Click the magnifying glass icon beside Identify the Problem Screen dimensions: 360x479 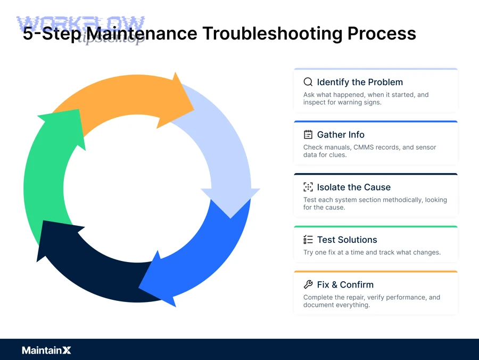point(308,82)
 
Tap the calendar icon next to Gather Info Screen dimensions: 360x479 point(308,135)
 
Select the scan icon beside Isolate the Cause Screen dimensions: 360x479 point(308,187)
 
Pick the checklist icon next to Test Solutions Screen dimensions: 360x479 point(308,240)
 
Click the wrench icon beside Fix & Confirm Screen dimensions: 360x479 point(308,284)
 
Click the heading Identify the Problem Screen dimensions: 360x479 point(360,82)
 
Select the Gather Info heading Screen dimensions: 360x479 point(341,135)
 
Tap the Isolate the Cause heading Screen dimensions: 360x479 point(353,187)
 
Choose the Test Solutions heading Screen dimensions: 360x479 point(347,240)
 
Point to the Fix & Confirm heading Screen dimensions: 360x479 point(345,284)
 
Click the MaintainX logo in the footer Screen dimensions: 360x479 point(46,350)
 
